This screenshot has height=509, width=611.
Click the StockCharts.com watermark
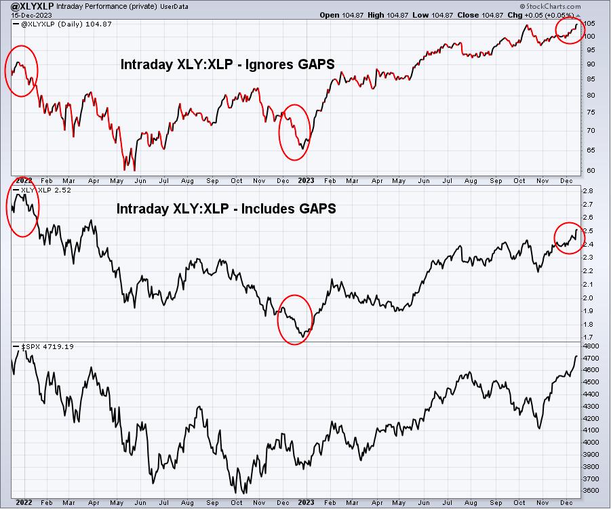pos(550,6)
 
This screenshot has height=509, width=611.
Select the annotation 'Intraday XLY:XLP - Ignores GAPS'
pos(228,64)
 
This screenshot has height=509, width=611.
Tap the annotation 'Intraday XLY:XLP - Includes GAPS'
pos(226,209)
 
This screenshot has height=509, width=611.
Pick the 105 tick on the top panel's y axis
pos(590,23)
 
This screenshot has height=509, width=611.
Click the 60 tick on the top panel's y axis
pos(590,170)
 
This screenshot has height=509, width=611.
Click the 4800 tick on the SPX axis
pos(591,346)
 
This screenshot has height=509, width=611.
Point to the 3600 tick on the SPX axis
pos(591,490)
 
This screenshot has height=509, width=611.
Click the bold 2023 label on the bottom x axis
pos(306,502)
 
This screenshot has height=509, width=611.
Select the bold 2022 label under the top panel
pos(24,180)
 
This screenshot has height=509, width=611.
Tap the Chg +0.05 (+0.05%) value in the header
pos(544,15)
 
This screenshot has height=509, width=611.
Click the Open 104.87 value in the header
pos(341,15)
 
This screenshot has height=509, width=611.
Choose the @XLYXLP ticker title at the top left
pos(33,6)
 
